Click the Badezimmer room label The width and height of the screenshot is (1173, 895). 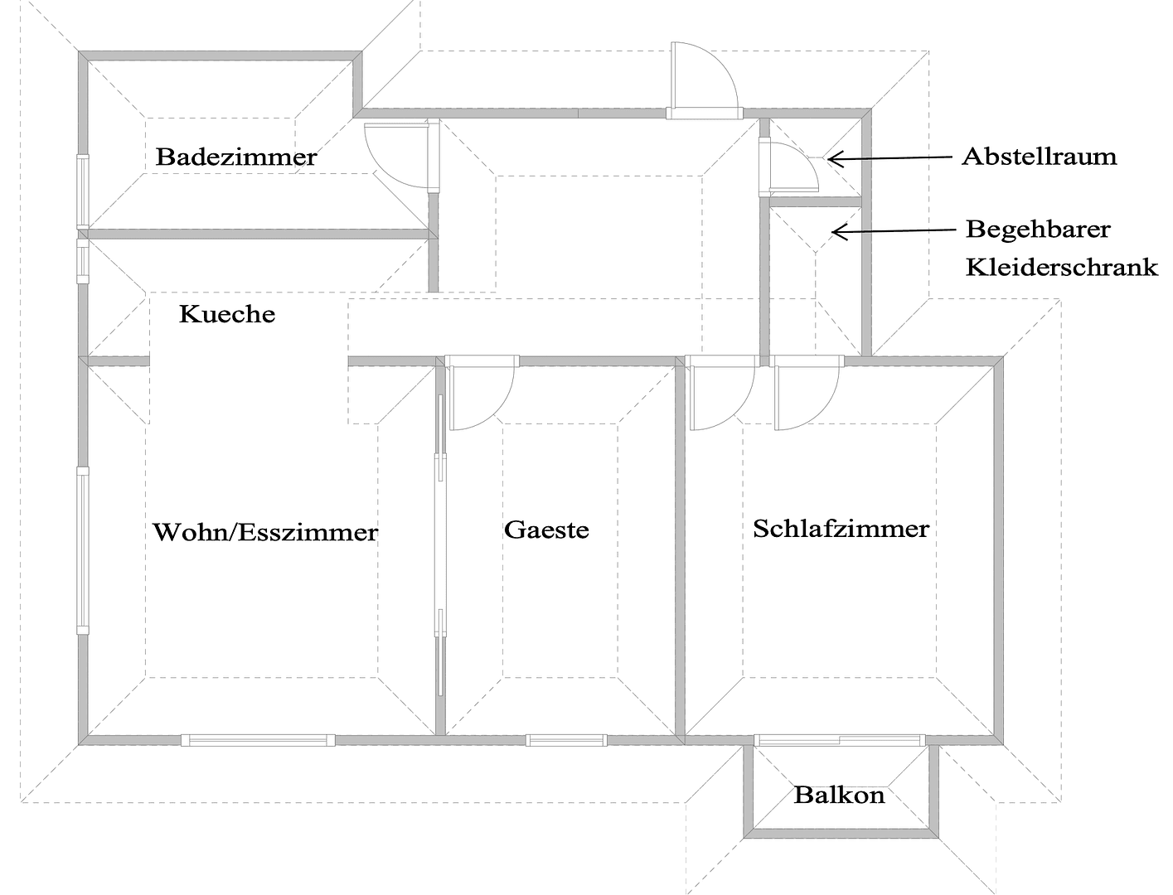point(236,157)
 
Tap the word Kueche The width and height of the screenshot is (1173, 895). point(227,314)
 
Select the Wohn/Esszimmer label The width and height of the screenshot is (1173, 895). point(265,531)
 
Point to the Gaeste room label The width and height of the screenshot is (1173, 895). point(546,530)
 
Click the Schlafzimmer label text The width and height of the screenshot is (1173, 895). point(841,529)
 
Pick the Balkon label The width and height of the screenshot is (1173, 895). point(839,796)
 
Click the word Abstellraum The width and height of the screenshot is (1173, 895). point(1039,156)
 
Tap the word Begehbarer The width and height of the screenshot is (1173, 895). point(1038,228)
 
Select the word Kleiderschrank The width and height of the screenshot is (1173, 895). point(1061,267)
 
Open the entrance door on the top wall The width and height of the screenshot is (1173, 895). point(703,80)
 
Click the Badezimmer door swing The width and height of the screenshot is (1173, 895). point(398,153)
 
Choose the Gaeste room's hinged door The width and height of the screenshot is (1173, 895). point(481,394)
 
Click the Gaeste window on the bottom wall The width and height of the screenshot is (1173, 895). point(567,740)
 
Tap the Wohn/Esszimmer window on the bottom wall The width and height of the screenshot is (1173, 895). point(258,740)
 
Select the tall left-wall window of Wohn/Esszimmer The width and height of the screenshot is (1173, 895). point(83,550)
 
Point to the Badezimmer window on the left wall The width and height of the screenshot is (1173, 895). point(82,191)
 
